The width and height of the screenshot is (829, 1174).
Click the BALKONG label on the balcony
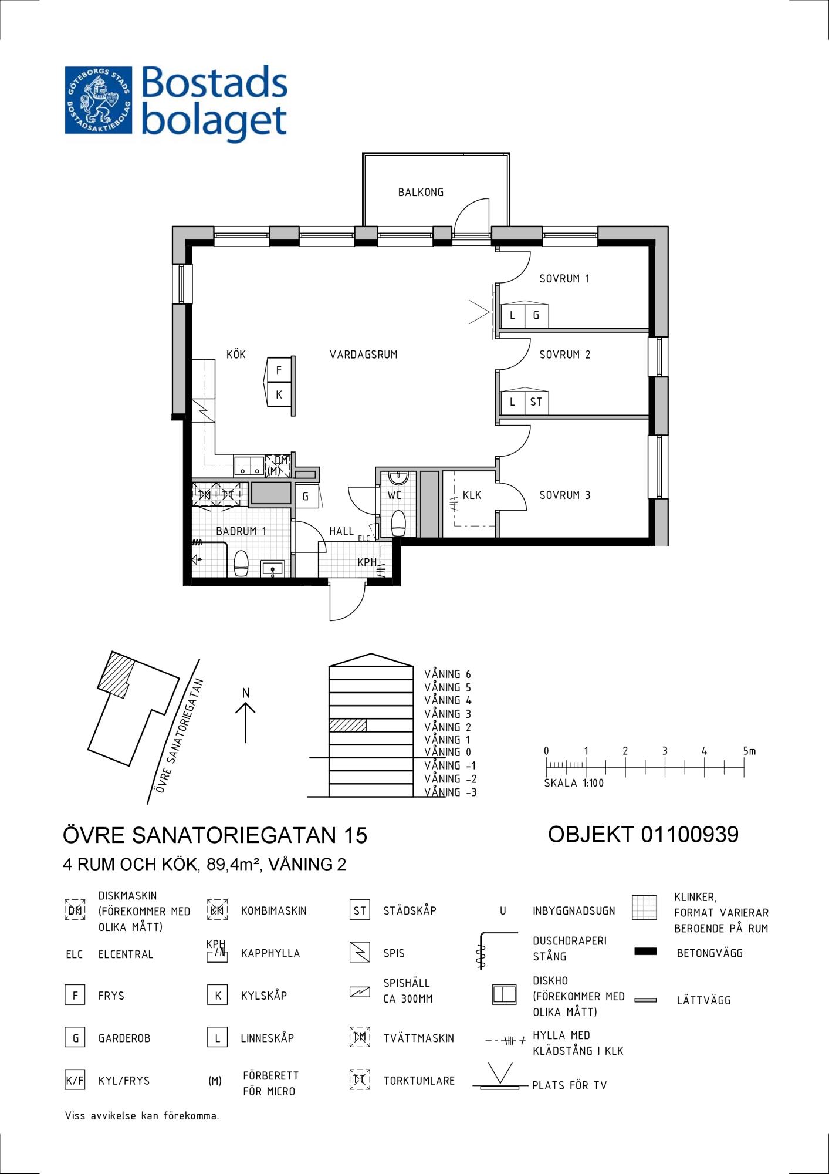[x=421, y=192]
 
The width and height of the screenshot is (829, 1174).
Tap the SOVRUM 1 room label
[x=564, y=279]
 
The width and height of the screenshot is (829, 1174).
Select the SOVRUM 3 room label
[x=564, y=495]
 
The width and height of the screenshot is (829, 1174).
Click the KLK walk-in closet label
[x=472, y=495]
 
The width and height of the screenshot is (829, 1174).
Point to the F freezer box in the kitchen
[x=279, y=370]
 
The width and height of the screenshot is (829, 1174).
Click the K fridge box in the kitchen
[x=279, y=394]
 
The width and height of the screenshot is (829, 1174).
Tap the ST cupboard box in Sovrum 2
[x=536, y=403]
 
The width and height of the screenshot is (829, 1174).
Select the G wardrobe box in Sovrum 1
[x=536, y=316]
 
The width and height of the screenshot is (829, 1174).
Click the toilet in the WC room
[x=398, y=523]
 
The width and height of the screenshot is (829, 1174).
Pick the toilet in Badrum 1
[x=242, y=564]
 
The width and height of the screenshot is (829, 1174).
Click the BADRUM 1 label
[x=241, y=531]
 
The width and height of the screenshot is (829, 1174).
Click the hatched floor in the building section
[x=347, y=725]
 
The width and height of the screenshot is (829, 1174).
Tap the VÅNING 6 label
[x=448, y=674]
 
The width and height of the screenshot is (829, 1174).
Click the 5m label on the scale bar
[x=749, y=751]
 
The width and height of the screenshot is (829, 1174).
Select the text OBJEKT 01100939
[x=643, y=834]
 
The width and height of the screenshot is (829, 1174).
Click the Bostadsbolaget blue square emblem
[x=99, y=100]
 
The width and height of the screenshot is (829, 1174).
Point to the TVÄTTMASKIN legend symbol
[x=360, y=1037]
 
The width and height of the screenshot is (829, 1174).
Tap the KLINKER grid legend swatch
[x=644, y=908]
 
